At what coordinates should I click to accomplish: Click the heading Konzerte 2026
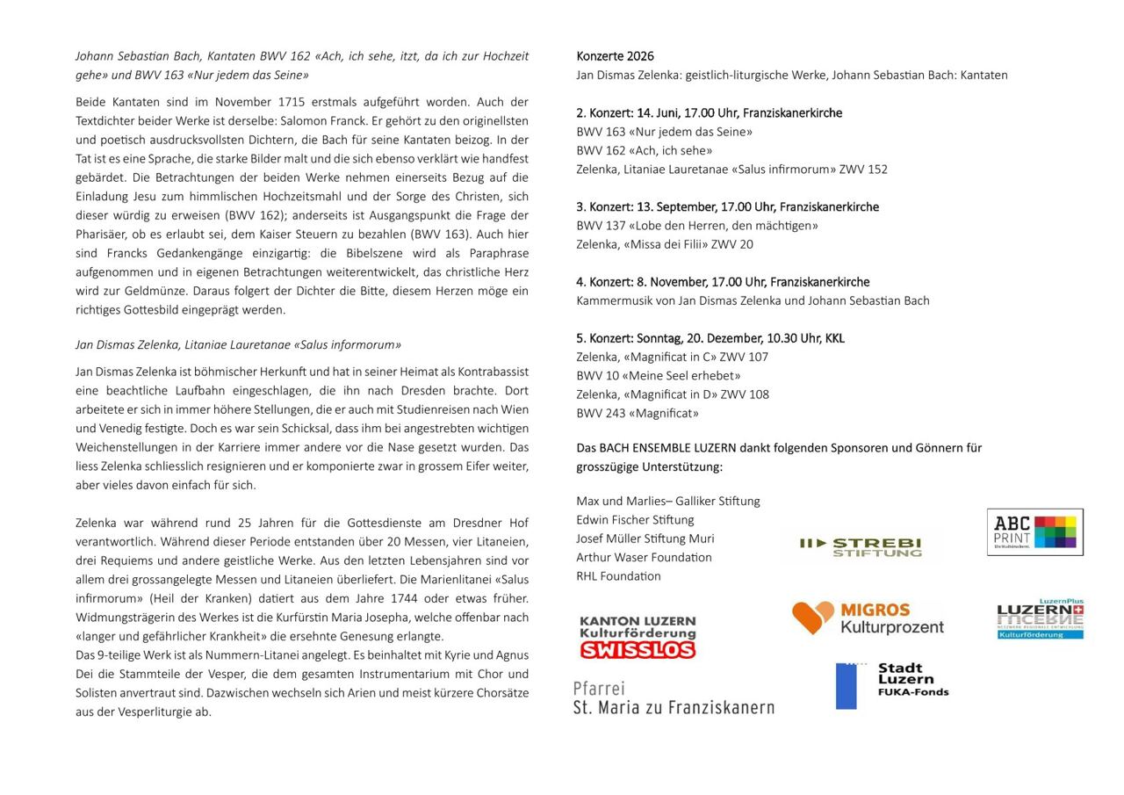pyautogui.click(x=615, y=56)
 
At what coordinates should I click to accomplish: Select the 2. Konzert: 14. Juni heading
pyautogui.click(x=709, y=113)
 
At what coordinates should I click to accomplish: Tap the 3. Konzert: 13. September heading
pyautogui.click(x=727, y=207)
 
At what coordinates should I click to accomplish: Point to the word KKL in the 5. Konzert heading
pyautogui.click(x=834, y=338)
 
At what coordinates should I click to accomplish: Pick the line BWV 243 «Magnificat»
pyautogui.click(x=638, y=414)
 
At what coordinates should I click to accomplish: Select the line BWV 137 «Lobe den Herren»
pyautogui.click(x=696, y=226)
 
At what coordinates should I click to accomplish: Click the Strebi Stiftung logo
pyautogui.click(x=861, y=547)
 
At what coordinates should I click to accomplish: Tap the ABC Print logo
pyautogui.click(x=1034, y=532)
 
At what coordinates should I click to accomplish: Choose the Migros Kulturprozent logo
pyautogui.click(x=868, y=618)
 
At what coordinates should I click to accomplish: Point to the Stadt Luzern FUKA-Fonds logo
pyautogui.click(x=892, y=685)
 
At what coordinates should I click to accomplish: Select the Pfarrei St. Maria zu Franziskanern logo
pyautogui.click(x=674, y=698)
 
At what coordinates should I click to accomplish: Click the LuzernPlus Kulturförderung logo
pyautogui.click(x=1040, y=619)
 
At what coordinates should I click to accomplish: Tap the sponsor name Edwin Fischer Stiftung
pyautogui.click(x=635, y=520)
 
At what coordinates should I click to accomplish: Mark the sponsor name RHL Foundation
pyautogui.click(x=618, y=576)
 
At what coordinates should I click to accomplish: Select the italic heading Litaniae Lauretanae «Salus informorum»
pyautogui.click(x=238, y=345)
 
